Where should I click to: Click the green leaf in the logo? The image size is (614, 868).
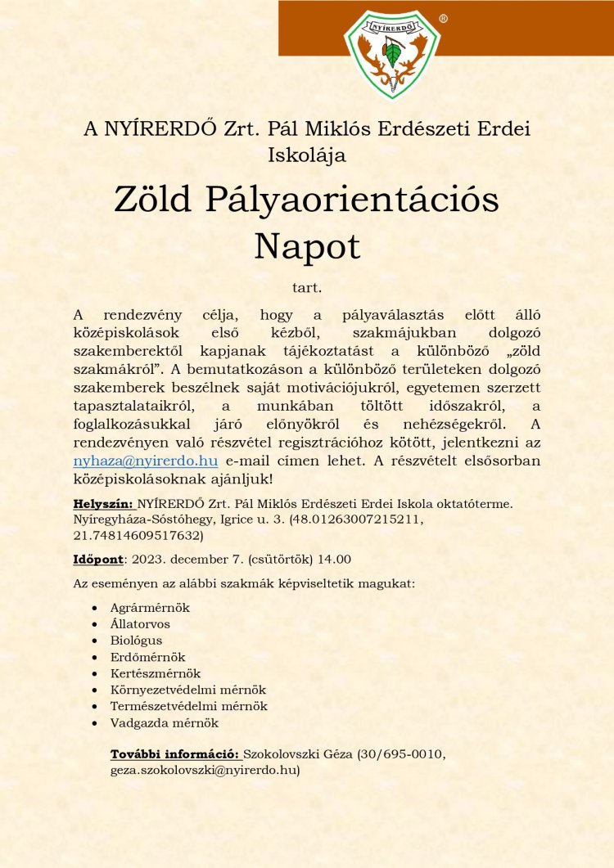coord(393,55)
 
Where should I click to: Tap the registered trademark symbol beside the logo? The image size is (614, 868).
coord(443,18)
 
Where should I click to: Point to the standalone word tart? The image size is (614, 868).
coord(307,288)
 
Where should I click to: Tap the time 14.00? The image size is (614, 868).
coord(336,560)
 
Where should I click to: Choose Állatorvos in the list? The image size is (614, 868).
coord(140,624)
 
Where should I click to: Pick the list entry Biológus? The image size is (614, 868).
coord(136,641)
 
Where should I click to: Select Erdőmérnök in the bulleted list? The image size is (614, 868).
coord(147,657)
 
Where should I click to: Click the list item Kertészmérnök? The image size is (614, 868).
coord(156,673)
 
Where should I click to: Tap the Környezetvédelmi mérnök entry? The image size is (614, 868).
coord(188,690)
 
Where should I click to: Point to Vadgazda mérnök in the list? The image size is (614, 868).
coord(165,722)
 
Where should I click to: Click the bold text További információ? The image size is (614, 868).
coord(174,753)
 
